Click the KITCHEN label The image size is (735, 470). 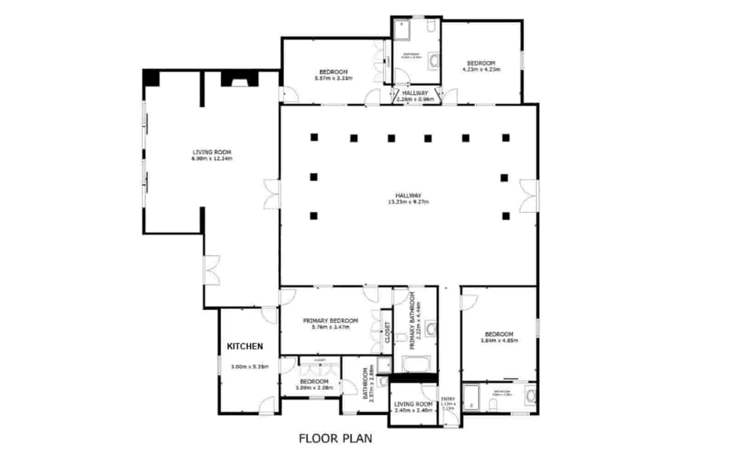coord(245,346)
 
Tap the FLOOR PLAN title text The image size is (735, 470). coord(335,438)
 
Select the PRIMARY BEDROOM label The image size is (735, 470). coord(330,321)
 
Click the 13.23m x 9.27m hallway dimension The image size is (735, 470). coord(408,202)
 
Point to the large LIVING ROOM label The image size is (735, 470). coord(211,152)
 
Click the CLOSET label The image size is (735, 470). coord(387,332)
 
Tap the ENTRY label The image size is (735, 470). coord(448,399)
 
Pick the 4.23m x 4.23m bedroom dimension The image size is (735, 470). coord(481,70)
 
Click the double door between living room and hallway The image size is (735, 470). coord(272,193)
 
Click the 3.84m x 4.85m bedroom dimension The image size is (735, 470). coord(499,341)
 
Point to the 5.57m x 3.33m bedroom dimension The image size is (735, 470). coord(333,79)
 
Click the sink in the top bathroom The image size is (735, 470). coord(434,61)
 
